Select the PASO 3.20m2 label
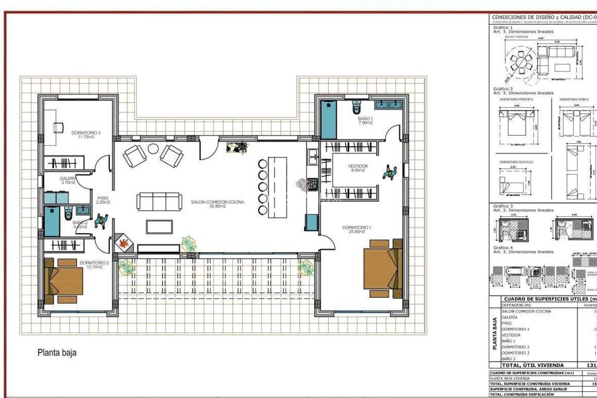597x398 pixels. (103, 200)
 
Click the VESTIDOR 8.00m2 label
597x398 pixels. (358, 168)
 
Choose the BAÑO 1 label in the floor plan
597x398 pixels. (365, 120)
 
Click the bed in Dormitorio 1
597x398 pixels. (382, 268)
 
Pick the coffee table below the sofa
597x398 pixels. (159, 227)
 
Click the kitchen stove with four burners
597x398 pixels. (312, 184)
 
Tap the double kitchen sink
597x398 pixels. (312, 156)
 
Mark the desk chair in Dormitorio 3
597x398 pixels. (58, 127)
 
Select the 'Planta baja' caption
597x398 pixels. (57, 353)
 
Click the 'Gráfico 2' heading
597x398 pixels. (503, 89)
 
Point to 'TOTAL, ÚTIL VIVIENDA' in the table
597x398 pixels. (533, 365)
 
